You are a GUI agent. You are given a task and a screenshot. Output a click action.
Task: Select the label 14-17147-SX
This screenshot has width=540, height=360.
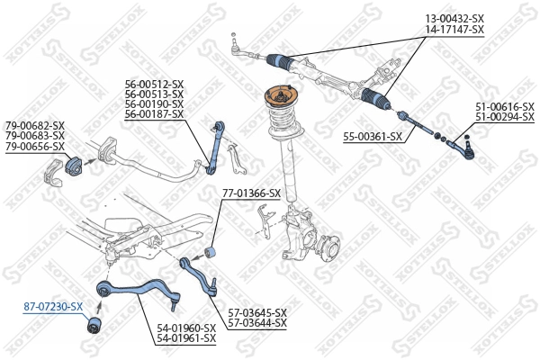coord(454,30)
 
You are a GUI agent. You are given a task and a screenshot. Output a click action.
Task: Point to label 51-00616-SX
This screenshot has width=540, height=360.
coord(506,106)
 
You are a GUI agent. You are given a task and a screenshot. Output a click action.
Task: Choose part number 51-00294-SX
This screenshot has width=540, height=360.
coord(506,117)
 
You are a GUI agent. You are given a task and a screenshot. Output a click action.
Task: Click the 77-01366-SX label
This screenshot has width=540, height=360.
coord(251,193)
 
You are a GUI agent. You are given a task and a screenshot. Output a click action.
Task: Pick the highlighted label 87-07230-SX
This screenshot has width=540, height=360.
coord(52,307)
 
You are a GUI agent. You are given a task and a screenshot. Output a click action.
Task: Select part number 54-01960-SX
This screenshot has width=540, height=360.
coord(186,328)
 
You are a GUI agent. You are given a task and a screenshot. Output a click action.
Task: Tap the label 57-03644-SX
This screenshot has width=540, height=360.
coord(256,322)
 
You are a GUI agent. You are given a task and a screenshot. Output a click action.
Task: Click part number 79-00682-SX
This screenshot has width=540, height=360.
coord(35,125)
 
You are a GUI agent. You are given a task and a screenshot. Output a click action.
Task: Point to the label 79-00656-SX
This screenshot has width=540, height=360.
coord(35,146)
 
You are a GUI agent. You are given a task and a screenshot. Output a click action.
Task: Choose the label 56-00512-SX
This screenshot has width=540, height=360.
coord(154,85)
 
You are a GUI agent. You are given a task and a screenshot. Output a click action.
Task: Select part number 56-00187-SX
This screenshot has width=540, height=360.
coord(154,115)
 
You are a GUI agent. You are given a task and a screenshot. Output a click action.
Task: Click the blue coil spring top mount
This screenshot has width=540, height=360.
coord(280,99)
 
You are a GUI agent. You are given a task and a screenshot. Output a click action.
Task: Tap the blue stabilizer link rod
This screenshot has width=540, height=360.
coord(214,144)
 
